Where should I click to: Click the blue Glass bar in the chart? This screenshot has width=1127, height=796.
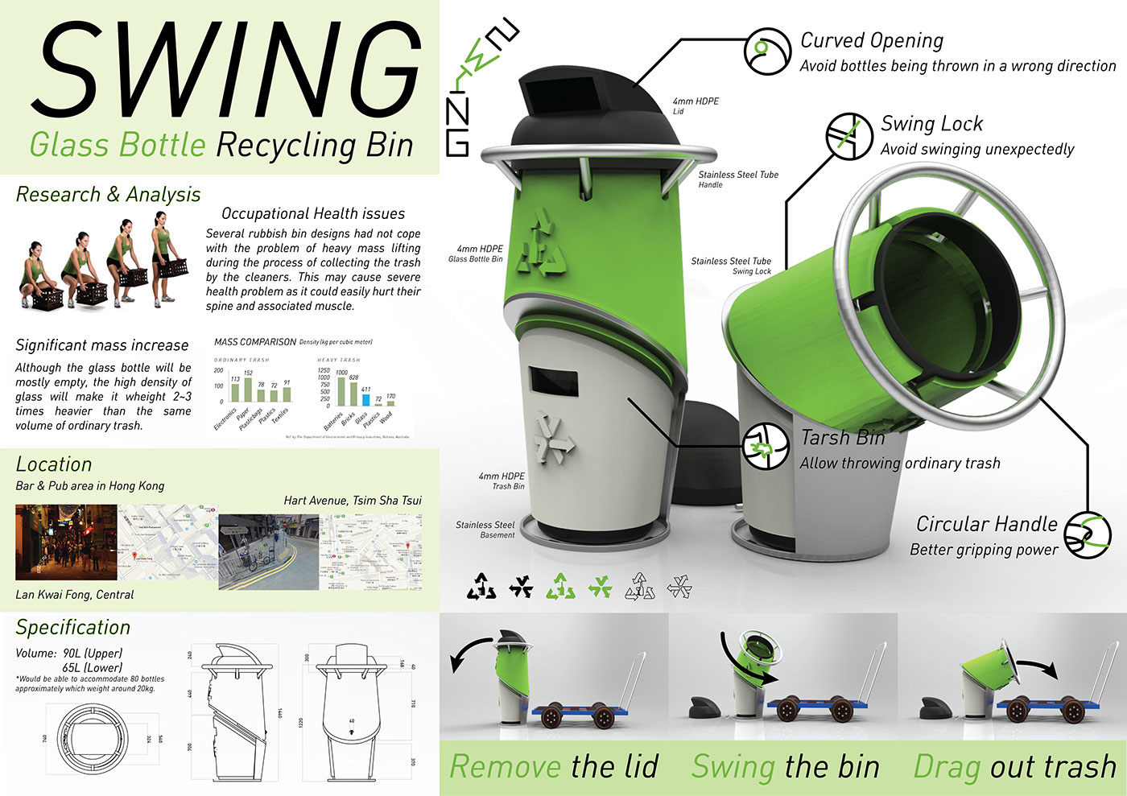click(x=365, y=399)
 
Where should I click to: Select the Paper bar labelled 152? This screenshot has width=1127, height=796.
click(x=248, y=390)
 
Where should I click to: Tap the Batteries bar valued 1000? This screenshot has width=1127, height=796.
click(x=341, y=391)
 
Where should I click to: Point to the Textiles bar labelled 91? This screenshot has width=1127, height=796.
click(x=287, y=394)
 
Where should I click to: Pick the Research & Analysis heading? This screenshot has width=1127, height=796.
click(x=108, y=195)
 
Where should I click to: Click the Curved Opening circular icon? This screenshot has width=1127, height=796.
click(x=767, y=52)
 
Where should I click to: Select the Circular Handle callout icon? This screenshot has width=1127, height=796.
click(x=1087, y=534)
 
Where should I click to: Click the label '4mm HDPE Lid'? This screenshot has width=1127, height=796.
click(x=695, y=106)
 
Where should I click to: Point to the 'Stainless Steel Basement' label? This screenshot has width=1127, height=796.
click(x=485, y=530)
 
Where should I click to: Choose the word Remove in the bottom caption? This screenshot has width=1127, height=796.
click(x=505, y=767)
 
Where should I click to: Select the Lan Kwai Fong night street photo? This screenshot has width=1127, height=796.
click(x=66, y=542)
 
